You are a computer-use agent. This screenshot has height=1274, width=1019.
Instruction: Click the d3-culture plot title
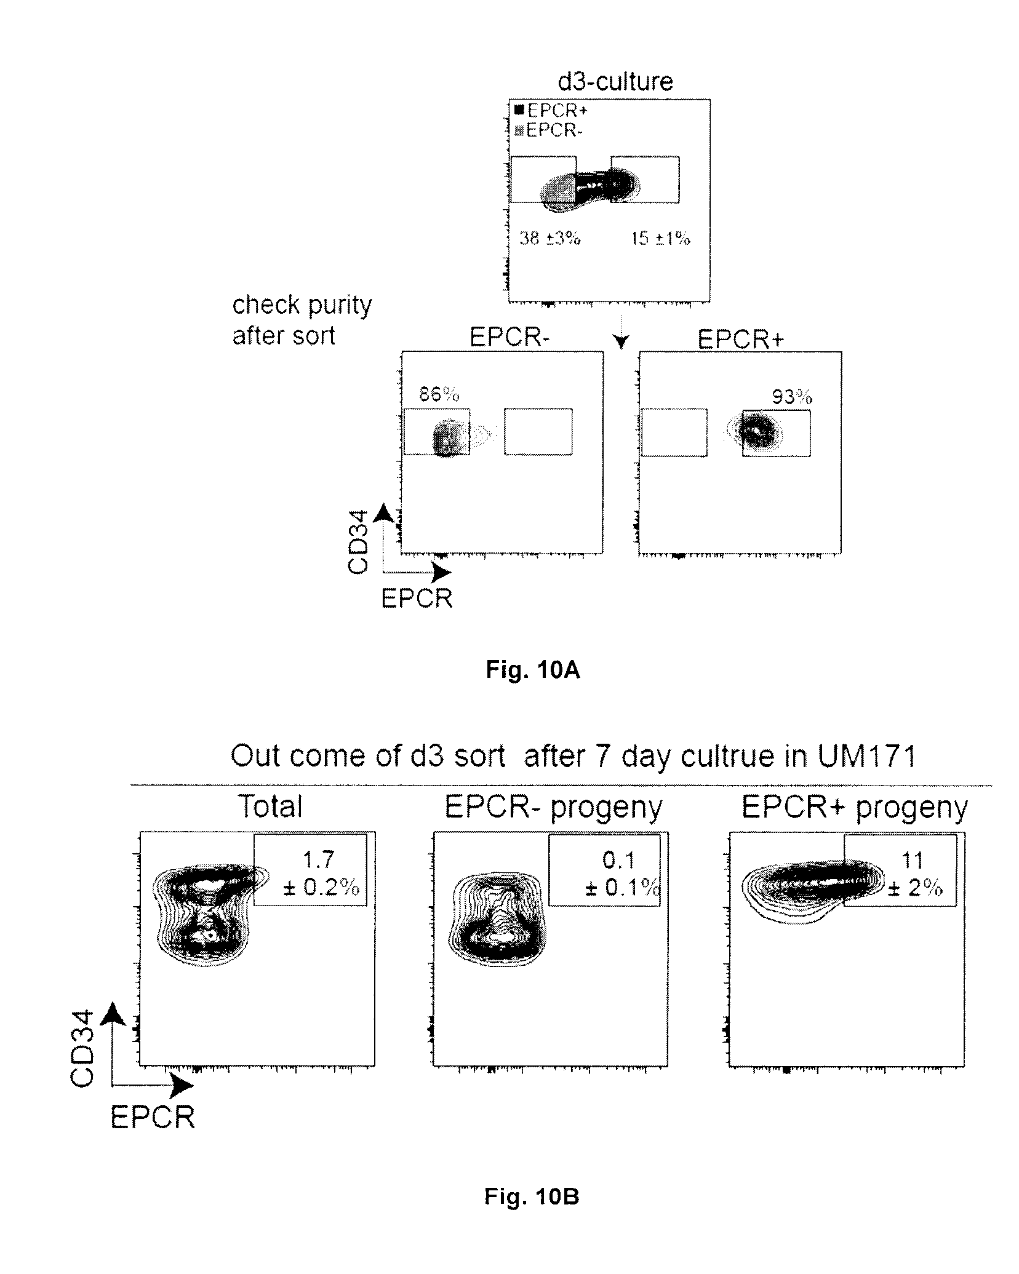tap(615, 81)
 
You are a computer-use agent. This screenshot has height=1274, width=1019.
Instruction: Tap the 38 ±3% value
tap(549, 238)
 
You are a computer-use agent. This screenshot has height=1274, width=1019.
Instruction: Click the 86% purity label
tap(439, 394)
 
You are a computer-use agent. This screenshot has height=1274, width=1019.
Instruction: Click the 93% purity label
tap(792, 397)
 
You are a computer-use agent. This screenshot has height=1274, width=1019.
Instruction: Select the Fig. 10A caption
tap(532, 670)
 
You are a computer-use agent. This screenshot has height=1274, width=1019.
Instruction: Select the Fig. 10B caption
tap(532, 1196)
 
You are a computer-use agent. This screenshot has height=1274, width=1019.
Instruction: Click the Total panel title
tap(270, 806)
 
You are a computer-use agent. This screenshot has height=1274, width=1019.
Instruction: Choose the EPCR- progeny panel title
tap(553, 806)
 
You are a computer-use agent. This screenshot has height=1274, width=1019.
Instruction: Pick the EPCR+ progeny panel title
tap(854, 806)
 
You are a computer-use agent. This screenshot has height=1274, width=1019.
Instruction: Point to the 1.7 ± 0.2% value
tap(320, 874)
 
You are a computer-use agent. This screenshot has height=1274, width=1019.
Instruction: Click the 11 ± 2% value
tap(914, 874)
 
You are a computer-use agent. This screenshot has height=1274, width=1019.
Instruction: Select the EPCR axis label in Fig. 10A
tap(417, 598)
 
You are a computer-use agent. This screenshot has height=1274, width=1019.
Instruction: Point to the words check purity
tap(302, 305)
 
